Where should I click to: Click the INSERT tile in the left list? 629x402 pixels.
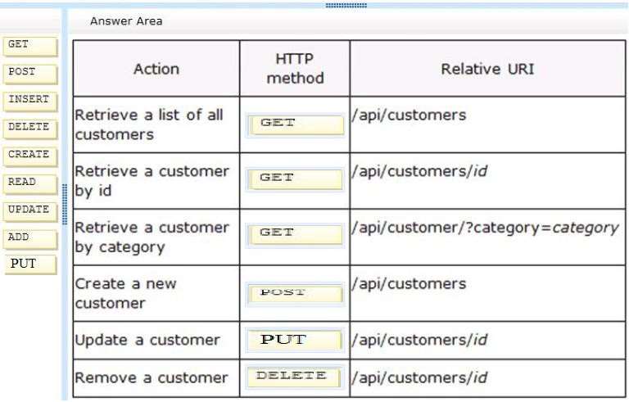coord(30,102)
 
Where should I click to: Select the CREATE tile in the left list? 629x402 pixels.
coord(30,156)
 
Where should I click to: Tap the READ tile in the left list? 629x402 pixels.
coord(30,184)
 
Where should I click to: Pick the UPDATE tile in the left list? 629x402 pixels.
coord(30,212)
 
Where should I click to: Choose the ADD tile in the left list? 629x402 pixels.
coord(30,240)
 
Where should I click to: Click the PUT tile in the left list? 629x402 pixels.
coord(31,264)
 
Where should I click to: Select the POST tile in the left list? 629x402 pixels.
coord(30,75)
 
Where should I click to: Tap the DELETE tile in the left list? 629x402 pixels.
coord(30,129)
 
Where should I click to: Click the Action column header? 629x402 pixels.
coord(156,69)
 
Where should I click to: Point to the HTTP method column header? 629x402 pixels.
coord(295,69)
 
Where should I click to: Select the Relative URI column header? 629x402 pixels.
coord(487,69)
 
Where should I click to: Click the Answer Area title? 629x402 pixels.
coord(126,21)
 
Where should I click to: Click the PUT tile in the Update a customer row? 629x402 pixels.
coord(295,341)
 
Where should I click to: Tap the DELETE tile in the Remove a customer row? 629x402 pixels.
coord(295,377)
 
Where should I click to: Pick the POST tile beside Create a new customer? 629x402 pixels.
coord(295,294)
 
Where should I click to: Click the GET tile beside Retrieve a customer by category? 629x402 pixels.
coord(295,235)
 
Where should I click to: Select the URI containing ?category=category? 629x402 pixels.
coord(485,228)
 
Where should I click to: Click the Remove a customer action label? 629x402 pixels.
coord(152,377)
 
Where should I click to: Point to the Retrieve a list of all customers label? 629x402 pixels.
coord(149,124)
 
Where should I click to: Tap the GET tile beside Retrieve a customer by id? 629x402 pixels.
coord(295,179)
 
